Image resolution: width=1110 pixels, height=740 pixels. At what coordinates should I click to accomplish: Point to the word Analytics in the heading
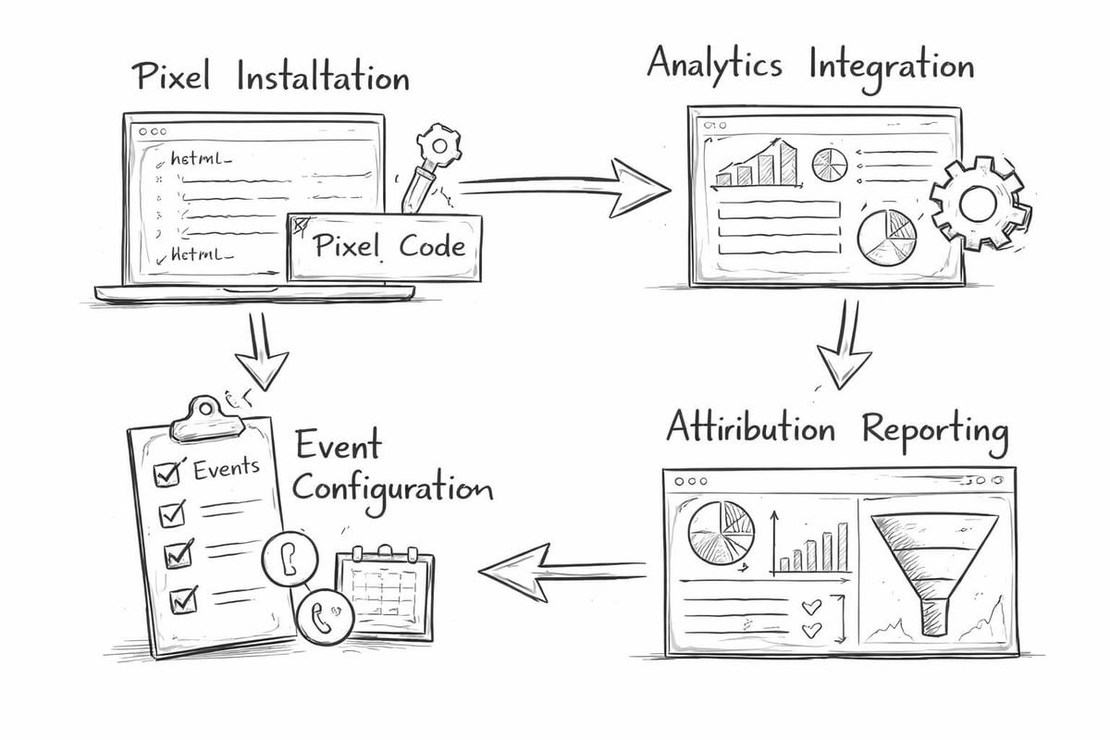[713, 65]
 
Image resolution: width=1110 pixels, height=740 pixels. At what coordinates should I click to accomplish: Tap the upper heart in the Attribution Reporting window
[810, 608]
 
